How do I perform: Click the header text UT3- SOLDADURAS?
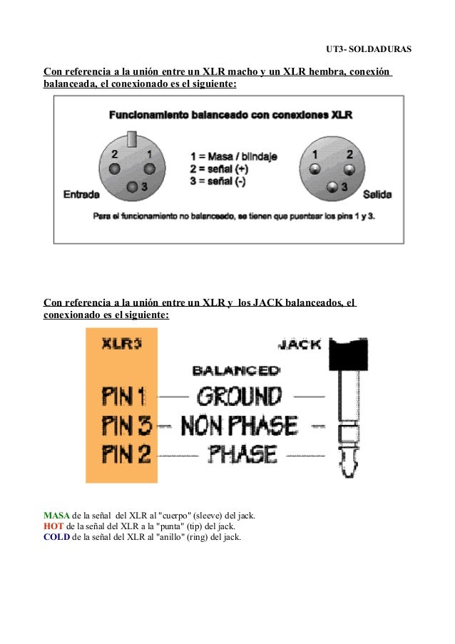tap(369, 50)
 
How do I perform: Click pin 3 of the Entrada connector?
tap(133, 187)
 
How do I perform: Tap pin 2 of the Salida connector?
tap(349, 169)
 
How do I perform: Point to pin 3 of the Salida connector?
tap(332, 188)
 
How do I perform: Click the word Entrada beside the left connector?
tap(81, 194)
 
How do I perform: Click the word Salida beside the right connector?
tap(377, 194)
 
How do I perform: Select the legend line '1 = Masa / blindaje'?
tap(234, 155)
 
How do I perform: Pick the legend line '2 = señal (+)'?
tap(219, 168)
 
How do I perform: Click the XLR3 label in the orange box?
tap(121, 344)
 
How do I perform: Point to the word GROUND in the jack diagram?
tap(239, 396)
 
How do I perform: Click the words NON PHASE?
tap(239, 426)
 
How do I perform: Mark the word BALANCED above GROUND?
tap(236, 370)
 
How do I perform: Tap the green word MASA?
tap(56, 515)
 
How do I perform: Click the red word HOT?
tap(53, 526)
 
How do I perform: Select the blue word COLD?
tap(56, 537)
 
